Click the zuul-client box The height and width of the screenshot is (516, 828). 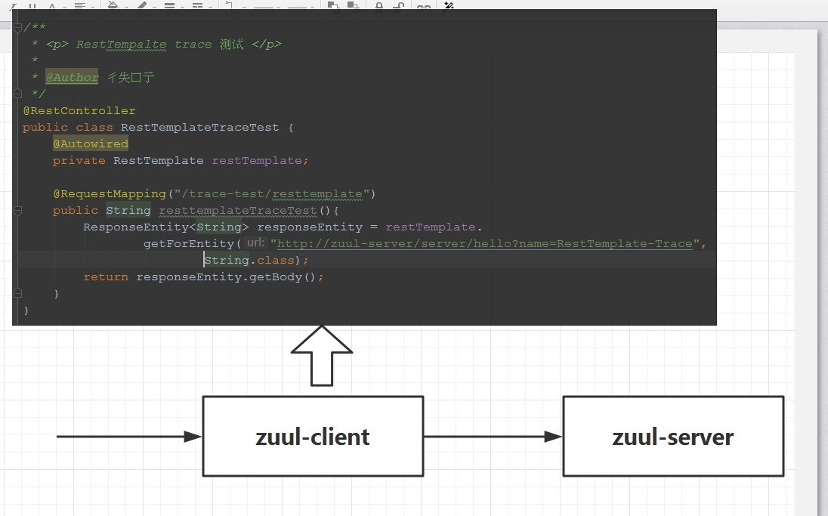point(313,437)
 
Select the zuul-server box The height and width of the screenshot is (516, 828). point(673,437)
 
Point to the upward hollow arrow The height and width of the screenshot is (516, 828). point(322,355)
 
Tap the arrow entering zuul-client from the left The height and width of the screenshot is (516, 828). point(128,437)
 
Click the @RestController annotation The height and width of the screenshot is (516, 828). point(79,110)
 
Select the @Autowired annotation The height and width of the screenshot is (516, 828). point(91,144)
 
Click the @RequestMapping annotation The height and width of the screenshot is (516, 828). point(109,193)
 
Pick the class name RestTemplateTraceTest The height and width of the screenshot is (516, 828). point(199,127)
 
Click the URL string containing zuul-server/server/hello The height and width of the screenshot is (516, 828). point(484,243)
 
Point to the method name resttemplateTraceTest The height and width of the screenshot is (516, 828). point(238,210)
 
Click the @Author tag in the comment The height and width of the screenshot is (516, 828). point(72,77)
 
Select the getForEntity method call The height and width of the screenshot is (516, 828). point(189,243)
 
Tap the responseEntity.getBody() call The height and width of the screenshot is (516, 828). point(230,277)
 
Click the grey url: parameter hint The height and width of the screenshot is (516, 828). point(255,243)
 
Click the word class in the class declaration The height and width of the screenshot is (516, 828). point(94,127)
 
